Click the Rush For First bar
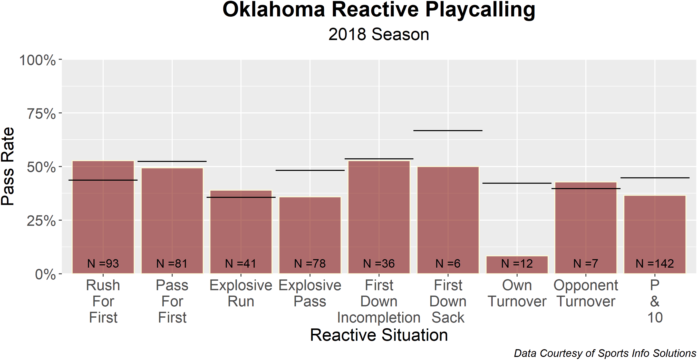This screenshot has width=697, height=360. point(103,217)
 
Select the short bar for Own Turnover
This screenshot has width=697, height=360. point(517,265)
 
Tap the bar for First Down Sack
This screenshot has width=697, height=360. point(448,220)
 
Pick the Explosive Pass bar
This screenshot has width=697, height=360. point(310,235)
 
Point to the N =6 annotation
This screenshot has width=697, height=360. point(448,264)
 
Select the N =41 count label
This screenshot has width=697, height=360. point(240,264)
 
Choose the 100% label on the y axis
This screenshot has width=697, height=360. point(38,60)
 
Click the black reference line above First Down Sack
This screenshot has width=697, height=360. point(448,131)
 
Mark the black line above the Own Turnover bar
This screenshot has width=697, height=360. point(517,183)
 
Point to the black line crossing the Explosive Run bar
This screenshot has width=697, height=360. point(241,197)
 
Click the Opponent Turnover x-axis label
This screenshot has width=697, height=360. point(586,293)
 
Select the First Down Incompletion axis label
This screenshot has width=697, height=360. point(379,301)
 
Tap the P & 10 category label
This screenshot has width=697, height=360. point(655,301)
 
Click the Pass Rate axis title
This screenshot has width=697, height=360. point(8,166)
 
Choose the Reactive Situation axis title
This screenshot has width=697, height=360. point(379,335)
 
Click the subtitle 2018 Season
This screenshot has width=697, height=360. point(379,35)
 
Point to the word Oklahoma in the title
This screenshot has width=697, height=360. point(274,10)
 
